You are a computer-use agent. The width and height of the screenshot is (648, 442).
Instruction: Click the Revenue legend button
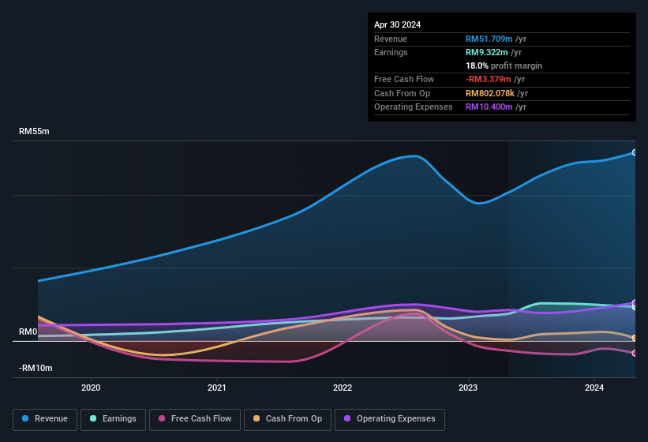45,418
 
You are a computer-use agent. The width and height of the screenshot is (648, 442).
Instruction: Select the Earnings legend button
113,418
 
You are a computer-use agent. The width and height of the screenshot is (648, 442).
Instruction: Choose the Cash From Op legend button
287,418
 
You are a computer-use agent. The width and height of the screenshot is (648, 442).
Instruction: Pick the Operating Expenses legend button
389,418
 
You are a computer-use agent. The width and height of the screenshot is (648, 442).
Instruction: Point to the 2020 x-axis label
91,387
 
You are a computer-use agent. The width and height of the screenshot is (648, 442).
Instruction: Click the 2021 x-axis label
217,387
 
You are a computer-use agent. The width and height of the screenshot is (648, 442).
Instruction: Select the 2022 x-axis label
343,387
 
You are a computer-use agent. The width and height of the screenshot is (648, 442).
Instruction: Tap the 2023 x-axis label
468,387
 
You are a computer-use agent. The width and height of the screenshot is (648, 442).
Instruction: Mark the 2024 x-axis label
594,387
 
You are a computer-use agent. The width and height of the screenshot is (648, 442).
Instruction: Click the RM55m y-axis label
34,132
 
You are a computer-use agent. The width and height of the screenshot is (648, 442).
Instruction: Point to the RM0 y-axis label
28,332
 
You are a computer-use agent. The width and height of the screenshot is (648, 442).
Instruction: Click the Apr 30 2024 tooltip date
398,24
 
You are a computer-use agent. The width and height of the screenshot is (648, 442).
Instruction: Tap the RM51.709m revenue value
489,39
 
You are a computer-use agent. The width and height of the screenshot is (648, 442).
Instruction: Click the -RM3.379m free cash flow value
489,80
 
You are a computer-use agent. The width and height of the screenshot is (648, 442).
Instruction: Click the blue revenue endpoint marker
635,152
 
